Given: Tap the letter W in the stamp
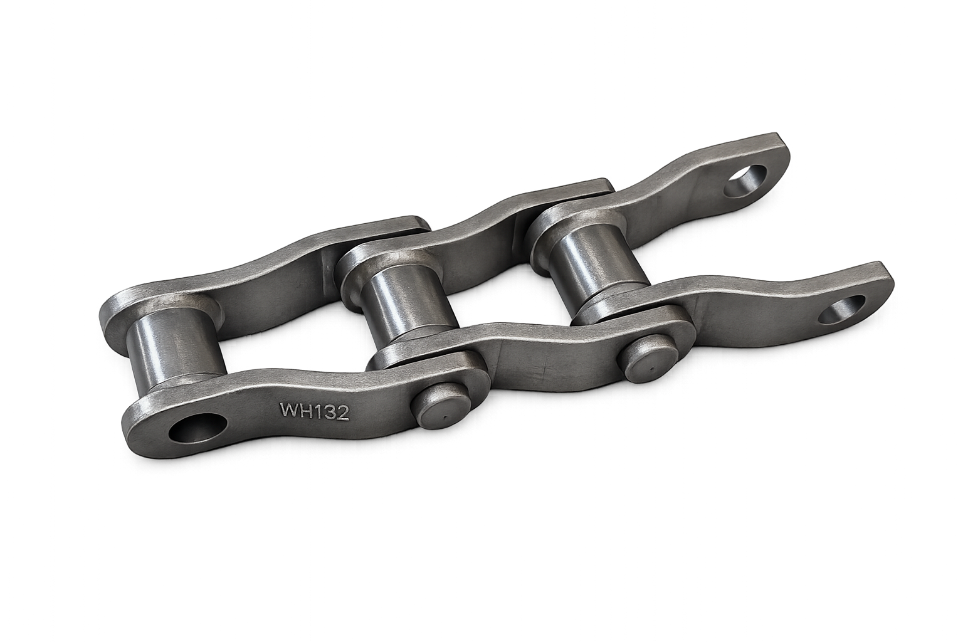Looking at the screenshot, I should [x=289, y=409].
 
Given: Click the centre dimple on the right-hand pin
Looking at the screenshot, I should [x=652, y=369].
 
